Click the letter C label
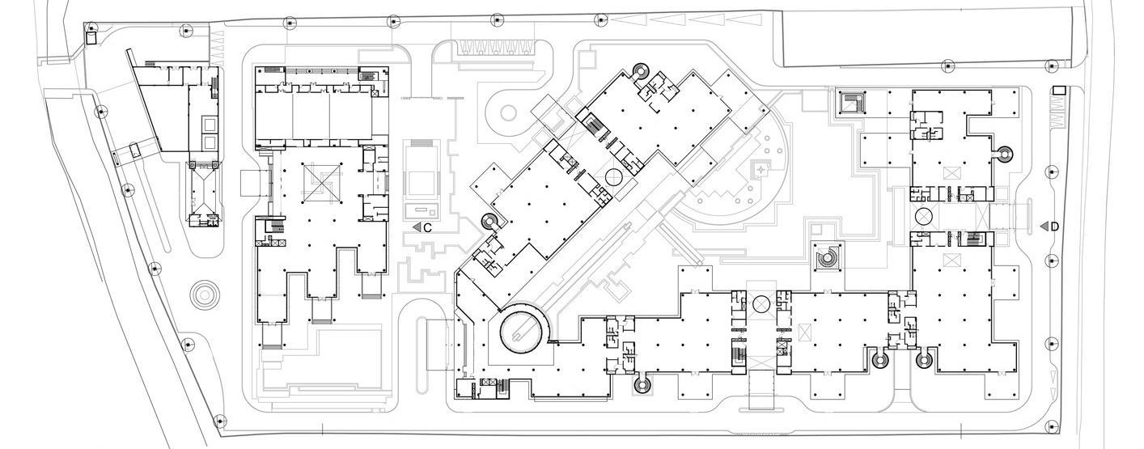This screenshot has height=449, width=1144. click(428, 228)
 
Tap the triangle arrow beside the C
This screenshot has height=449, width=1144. click(417, 228)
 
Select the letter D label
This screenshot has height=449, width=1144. click(1054, 227)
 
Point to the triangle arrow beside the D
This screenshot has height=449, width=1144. click(1044, 227)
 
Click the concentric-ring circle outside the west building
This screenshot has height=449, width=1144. click(205, 294)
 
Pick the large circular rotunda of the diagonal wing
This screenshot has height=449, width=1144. click(521, 330)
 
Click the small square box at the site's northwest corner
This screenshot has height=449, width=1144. click(91, 36)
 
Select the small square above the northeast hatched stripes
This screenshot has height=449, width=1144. click(1058, 91)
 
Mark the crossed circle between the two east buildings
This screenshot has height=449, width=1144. click(925, 217)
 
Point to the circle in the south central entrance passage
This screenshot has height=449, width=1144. click(761, 304)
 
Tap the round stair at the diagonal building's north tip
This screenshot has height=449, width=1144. click(639, 71)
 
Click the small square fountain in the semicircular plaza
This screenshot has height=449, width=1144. click(761, 169)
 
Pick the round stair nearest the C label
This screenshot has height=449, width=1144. click(489, 221)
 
